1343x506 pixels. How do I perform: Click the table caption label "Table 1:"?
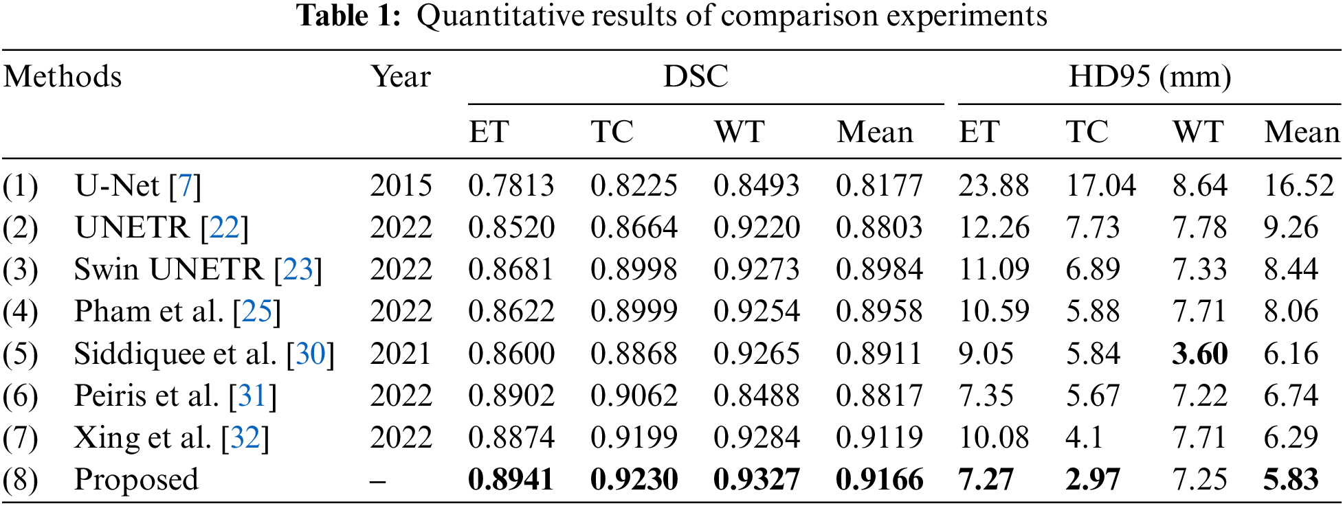click(348, 15)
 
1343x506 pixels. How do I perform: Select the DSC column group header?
click(696, 76)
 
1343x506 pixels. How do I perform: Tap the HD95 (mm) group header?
click(1149, 76)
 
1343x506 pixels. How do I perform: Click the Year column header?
click(401, 76)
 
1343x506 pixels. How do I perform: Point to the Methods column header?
click(63, 76)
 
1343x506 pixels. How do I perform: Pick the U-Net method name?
click(117, 185)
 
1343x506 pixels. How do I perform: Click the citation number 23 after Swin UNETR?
click(298, 269)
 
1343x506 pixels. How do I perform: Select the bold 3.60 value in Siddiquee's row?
click(1200, 354)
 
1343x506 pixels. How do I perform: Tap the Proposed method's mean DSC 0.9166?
click(879, 479)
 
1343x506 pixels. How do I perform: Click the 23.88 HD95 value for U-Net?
click(994, 185)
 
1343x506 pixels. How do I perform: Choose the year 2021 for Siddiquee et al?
click(401, 354)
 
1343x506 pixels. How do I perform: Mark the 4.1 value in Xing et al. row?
click(1084, 437)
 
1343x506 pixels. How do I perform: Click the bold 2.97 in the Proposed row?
click(1093, 479)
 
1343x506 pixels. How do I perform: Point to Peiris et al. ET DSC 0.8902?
click(511, 395)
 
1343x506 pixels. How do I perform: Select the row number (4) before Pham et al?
click(20, 312)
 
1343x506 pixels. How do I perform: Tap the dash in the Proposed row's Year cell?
click(377, 480)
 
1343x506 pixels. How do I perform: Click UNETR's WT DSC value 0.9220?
click(756, 227)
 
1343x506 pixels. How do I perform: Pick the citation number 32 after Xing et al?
click(245, 437)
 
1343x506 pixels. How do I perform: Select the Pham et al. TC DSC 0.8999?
click(634, 312)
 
